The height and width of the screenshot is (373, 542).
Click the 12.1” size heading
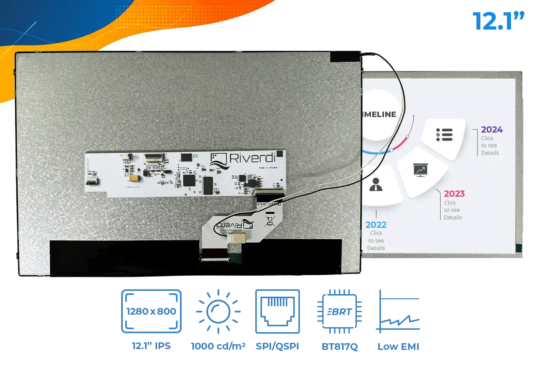tap(498, 21)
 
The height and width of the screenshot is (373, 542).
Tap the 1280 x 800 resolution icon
tap(151, 311)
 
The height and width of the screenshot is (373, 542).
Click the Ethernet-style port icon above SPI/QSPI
tap(277, 311)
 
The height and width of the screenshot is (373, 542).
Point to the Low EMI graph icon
tap(399, 311)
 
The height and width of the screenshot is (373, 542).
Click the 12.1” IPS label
tap(151, 347)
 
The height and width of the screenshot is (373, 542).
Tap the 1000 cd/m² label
tap(218, 347)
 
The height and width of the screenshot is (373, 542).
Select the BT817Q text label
tap(340, 347)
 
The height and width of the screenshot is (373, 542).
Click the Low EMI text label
tap(398, 347)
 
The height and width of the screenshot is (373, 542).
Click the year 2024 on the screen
tap(492, 130)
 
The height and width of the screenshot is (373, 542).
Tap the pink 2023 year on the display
tap(454, 193)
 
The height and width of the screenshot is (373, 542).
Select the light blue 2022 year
tap(376, 224)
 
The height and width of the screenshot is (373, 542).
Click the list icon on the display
tap(444, 135)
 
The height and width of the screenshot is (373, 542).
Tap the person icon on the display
tap(376, 184)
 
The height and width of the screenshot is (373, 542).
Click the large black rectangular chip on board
tap(208, 185)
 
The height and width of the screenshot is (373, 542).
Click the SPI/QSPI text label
tap(277, 347)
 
